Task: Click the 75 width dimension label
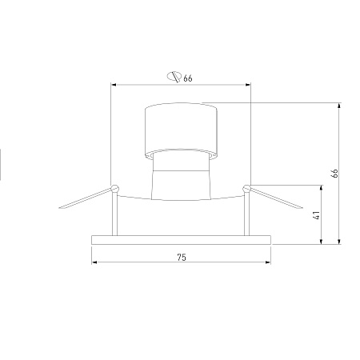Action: (182, 258)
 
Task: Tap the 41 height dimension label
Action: (316, 215)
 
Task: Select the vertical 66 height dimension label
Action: (334, 173)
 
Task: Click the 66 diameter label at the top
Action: (188, 78)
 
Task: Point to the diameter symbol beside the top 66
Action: (174, 77)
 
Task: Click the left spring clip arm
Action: (86, 198)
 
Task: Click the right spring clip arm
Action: (276, 198)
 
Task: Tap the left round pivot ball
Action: (115, 188)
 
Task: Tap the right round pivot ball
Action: (246, 189)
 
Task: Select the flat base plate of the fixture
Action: (182, 240)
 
